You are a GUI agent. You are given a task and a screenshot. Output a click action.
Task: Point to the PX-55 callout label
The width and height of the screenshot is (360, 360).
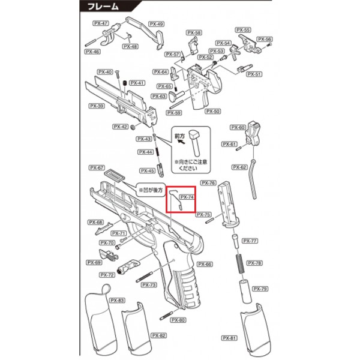[x=243, y=29]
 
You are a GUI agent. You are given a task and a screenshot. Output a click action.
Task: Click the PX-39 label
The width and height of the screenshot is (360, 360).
[x=97, y=106]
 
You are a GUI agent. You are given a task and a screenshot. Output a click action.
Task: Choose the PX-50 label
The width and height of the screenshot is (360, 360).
[x=213, y=111]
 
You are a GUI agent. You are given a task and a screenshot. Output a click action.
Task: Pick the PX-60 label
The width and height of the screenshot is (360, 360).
[x=238, y=127]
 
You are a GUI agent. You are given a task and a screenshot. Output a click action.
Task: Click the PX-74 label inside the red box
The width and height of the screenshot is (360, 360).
[x=187, y=197]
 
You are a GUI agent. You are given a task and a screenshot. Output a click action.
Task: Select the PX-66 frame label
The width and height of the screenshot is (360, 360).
[x=205, y=264]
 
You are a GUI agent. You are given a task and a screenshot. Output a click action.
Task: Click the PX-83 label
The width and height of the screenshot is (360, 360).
[x=118, y=300]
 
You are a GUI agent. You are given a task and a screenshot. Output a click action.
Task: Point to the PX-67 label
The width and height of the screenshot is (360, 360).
[x=97, y=167]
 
